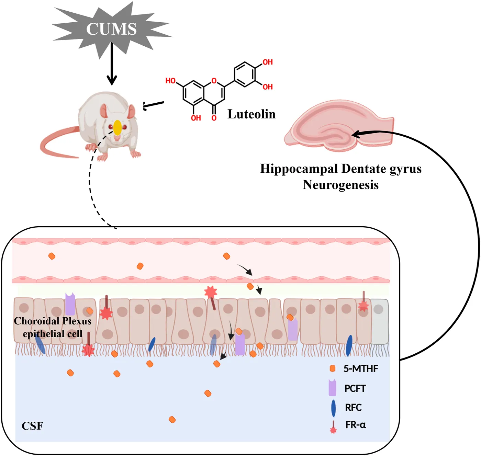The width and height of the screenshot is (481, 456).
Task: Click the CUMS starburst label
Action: point(111,29)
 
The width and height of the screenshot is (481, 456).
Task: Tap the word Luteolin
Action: point(251,114)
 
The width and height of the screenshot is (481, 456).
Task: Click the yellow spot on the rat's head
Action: point(118,128)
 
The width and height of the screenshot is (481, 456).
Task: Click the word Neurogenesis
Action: point(340,185)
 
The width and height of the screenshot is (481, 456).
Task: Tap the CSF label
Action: point(32,426)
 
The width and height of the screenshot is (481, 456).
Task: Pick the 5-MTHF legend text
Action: point(361,369)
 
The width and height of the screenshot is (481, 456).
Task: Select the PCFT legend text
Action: point(355,389)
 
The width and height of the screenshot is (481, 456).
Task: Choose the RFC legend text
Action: point(353,408)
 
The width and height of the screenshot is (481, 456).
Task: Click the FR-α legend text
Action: point(356,425)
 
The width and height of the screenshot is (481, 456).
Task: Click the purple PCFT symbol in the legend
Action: point(332,388)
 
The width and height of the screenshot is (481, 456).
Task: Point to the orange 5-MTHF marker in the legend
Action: point(332,368)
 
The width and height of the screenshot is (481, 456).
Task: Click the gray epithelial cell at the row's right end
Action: point(380,321)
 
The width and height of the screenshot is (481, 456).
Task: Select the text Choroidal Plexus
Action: point(53,321)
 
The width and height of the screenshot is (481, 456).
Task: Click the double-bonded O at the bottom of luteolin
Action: point(214,118)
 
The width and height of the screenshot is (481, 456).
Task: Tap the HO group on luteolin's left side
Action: point(170,81)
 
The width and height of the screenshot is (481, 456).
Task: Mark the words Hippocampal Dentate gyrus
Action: point(340,169)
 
